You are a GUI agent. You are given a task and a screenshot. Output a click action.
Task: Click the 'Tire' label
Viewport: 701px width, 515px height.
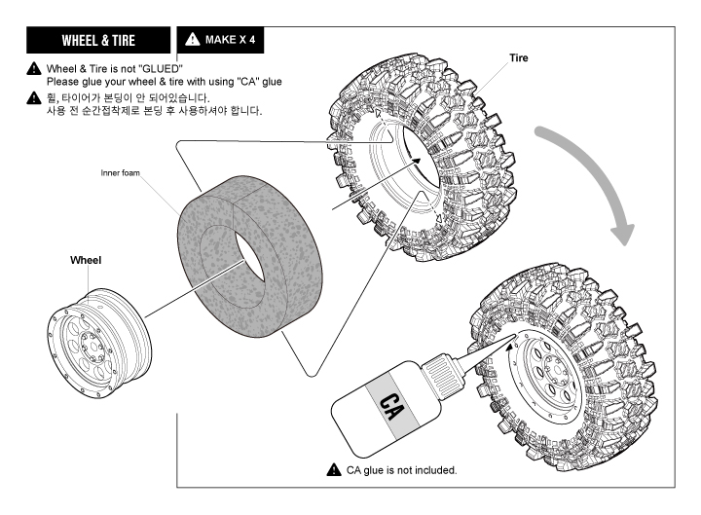coord(519,58)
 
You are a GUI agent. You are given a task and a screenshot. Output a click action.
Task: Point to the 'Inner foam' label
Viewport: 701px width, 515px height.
coord(120,173)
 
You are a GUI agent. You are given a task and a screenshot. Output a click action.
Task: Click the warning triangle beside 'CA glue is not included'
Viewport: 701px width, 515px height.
coord(333,469)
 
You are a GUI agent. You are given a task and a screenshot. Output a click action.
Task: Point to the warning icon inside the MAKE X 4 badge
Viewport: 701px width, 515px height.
coord(191,41)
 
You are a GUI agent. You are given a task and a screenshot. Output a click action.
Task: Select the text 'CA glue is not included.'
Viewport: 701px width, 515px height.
coord(402,470)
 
